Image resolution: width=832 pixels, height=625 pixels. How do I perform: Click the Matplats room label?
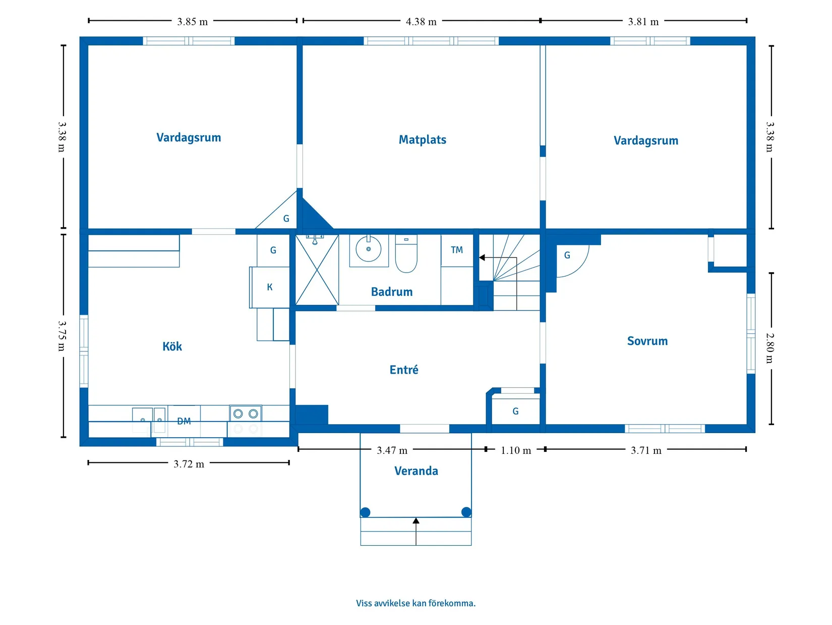(422, 140)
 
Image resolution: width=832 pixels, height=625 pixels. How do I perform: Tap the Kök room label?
(172, 346)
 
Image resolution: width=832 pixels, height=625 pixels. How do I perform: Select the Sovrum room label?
(647, 341)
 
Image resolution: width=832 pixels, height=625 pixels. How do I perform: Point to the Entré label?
(404, 369)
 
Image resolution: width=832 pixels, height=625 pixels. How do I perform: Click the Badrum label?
(392, 291)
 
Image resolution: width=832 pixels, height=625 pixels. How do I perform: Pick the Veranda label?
(416, 471)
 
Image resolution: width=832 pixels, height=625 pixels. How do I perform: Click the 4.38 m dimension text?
(421, 22)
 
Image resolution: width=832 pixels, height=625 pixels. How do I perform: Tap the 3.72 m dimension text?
(189, 464)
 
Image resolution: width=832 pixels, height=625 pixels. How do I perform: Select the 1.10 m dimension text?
(515, 450)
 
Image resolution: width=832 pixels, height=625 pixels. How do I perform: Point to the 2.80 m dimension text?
(769, 348)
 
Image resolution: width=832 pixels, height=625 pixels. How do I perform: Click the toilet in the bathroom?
(406, 253)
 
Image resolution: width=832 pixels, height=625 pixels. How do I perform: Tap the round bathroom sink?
(368, 249)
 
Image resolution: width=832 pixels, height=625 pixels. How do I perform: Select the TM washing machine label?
(456, 250)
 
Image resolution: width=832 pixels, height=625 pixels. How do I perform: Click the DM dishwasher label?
(184, 421)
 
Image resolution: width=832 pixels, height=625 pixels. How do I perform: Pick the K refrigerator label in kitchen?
(269, 287)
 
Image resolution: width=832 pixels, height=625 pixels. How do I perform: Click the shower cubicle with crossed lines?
(317, 270)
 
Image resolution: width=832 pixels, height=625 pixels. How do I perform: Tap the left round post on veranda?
(365, 512)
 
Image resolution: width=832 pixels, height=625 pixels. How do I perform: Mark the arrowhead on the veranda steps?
(416, 520)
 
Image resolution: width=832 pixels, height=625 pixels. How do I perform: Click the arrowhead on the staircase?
(482, 257)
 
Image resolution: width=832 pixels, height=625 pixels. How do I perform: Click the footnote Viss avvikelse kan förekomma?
(415, 603)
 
